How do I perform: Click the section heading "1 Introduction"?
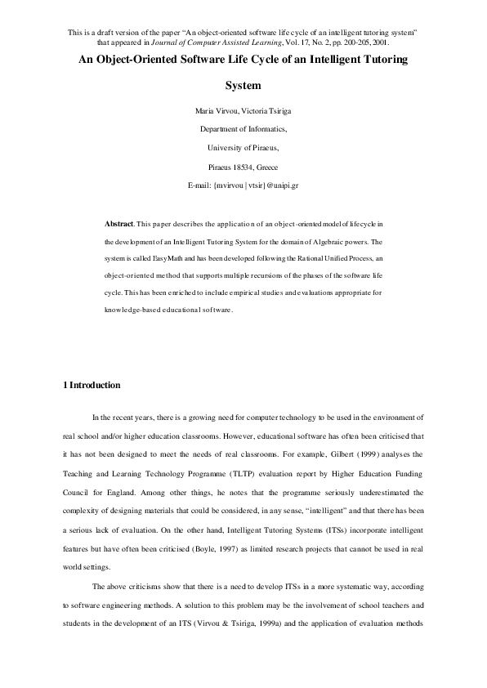coord(92,385)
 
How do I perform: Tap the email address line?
coord(243,186)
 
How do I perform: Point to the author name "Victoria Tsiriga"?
coord(257,111)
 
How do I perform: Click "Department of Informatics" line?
coord(243,130)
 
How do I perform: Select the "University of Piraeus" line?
coord(243,149)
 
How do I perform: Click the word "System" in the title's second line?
coord(243,85)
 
